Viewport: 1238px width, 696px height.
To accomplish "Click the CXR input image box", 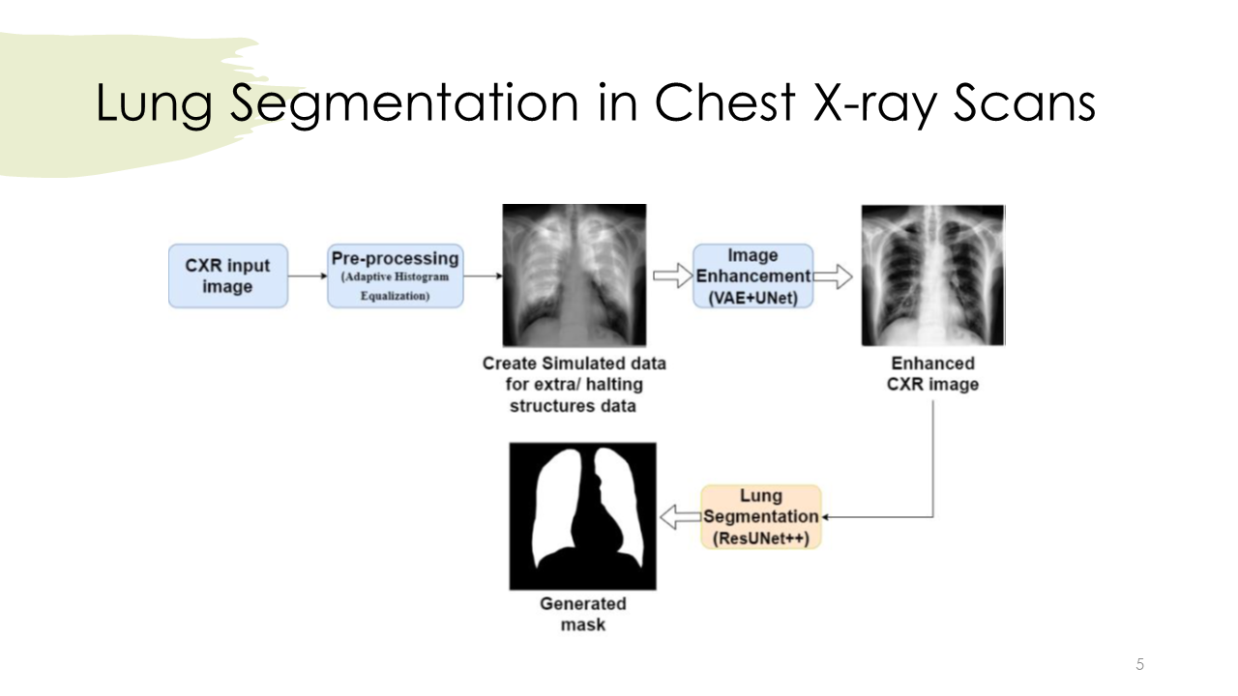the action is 228,276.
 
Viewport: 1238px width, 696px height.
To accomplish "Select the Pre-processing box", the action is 396,276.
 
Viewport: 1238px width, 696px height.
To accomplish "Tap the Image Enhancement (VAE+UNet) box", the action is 753,276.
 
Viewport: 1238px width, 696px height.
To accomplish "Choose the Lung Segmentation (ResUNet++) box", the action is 761,517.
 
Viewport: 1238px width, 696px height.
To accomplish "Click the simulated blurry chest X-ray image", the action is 575,275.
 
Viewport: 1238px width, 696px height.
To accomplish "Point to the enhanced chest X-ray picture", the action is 933,275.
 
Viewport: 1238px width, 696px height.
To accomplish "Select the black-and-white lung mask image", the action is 583,516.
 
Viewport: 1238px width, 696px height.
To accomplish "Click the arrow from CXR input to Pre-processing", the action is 308,275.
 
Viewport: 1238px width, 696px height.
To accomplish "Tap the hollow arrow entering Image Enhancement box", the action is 673,275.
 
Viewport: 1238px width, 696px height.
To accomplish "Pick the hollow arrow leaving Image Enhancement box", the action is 833,276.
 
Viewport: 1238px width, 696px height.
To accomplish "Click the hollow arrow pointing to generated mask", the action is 680,517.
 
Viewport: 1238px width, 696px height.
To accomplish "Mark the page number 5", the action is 1139,664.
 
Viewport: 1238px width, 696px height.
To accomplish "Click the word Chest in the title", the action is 724,102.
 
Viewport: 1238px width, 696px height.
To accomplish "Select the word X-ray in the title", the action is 875,105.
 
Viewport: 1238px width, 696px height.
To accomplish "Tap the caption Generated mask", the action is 583,614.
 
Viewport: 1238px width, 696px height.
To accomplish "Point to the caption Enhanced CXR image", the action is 933,374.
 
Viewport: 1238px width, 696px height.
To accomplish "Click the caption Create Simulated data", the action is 575,363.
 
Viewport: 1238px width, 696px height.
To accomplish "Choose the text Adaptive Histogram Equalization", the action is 395,286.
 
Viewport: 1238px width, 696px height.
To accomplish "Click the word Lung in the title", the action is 154,105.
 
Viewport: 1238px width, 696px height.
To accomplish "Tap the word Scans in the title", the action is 1024,102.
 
